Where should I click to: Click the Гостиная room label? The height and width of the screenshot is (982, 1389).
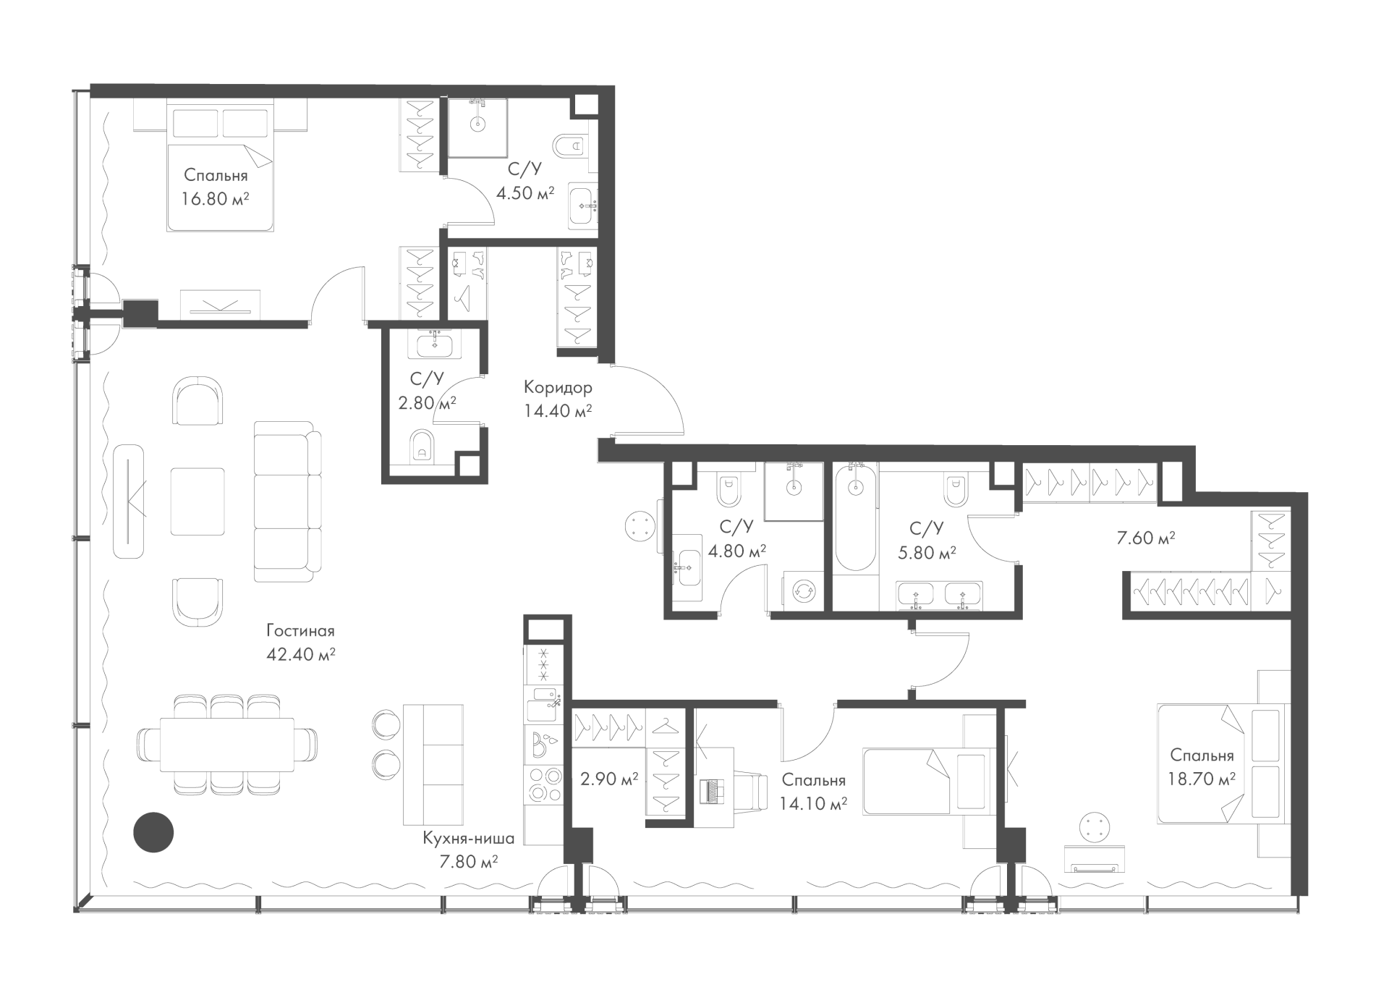click(300, 630)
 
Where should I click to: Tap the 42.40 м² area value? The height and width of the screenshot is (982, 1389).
click(300, 654)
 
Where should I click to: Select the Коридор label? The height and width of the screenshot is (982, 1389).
click(558, 387)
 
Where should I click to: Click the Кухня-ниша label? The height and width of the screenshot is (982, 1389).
click(469, 839)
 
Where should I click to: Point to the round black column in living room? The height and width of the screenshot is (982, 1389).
click(153, 832)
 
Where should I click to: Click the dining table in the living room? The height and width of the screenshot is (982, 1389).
click(227, 745)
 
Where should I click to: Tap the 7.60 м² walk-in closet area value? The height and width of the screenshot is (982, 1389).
click(1145, 538)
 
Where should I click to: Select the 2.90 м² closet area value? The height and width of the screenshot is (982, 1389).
click(609, 779)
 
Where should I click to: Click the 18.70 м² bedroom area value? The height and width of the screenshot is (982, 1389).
click(1202, 779)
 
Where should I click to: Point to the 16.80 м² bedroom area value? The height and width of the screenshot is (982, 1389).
click(216, 198)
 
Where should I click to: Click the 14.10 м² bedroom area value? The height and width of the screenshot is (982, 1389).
click(813, 803)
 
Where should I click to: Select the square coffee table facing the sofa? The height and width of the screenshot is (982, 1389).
click(197, 501)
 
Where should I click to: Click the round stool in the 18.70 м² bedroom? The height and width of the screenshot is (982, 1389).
click(1093, 827)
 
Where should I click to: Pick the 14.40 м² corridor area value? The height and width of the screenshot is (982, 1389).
click(558, 411)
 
